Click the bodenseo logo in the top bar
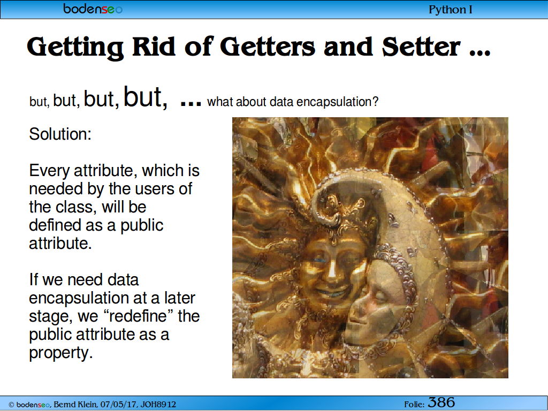(93, 9)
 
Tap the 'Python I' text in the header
(451, 10)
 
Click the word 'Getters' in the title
(268, 47)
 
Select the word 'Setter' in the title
(421, 47)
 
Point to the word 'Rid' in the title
(154, 47)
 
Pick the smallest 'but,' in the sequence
(40, 102)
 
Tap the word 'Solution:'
(60, 134)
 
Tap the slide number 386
(442, 402)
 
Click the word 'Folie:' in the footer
(415, 405)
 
